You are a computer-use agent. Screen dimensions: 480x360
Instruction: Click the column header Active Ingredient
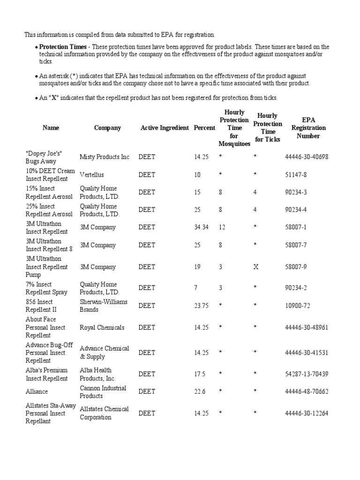(x=165, y=127)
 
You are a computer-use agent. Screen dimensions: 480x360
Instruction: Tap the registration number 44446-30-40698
(x=307, y=157)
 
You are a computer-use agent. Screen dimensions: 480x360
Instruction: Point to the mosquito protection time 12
(x=222, y=227)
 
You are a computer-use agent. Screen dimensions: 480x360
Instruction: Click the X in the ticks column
(x=256, y=267)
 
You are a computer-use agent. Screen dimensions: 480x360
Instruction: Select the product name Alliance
(x=37, y=391)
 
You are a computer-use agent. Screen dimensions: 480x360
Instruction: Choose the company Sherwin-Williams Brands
(x=104, y=306)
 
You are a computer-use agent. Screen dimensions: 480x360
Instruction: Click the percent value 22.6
(x=200, y=391)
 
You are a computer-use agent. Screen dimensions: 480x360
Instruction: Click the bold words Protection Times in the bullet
(x=63, y=47)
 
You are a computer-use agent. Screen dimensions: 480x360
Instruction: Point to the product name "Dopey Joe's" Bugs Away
(x=44, y=157)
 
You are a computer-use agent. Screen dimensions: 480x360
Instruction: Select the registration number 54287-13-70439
(x=307, y=374)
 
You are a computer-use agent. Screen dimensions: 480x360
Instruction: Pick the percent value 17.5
(x=200, y=374)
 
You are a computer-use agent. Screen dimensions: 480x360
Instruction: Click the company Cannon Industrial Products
(x=103, y=392)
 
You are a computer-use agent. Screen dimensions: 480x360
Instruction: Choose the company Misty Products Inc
(x=105, y=157)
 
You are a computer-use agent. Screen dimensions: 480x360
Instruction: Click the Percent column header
(x=204, y=127)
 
